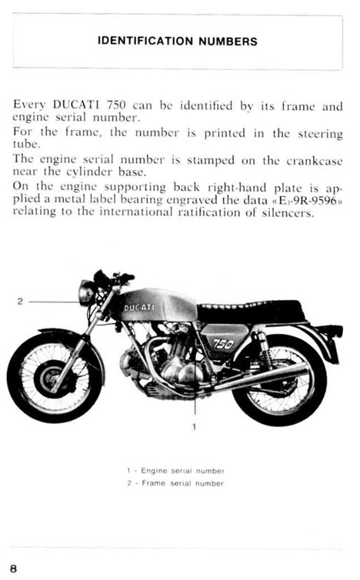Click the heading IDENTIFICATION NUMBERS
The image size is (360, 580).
pos(178,41)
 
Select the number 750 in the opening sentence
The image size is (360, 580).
pos(116,105)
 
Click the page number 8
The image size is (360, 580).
pos(13,568)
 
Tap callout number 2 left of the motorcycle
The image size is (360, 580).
pos(20,302)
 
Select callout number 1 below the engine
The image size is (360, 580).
pos(195,427)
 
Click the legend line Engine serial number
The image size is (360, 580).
pos(175,471)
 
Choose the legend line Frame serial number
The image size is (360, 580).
pos(175,483)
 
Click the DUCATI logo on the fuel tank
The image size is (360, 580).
pos(139,308)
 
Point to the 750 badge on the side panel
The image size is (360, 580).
pos(223,344)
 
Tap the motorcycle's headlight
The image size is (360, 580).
pos(87,293)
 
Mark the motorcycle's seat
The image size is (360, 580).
pos(252,312)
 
